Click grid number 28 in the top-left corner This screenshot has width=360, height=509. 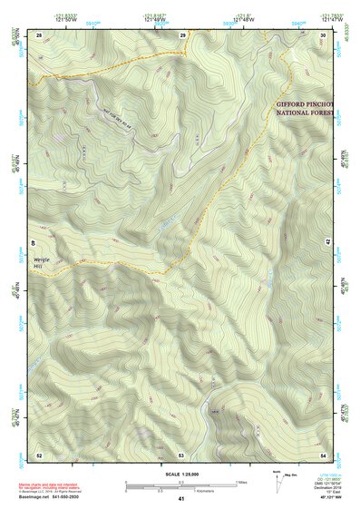point(39,34)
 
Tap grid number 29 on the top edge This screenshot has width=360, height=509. point(182,34)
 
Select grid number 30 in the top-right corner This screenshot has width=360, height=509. point(324,34)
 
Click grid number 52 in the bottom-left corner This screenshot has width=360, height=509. point(39,454)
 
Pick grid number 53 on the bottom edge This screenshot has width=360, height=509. point(181,454)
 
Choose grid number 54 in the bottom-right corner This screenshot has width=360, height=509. point(324,454)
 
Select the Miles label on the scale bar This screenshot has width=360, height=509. point(240,481)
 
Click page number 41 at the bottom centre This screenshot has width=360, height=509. point(181,499)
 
